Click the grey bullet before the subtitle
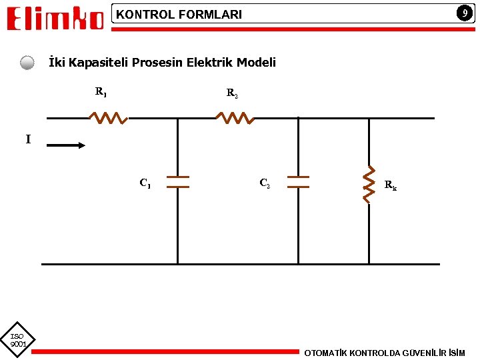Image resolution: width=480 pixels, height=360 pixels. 27,63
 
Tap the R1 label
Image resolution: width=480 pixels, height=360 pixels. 101,91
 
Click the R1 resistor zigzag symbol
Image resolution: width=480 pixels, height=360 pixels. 108,118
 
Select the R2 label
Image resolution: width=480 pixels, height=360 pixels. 232,93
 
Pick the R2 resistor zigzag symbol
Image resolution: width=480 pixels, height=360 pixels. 234,118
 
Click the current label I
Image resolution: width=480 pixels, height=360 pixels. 28,139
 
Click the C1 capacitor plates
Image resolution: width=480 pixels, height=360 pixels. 177,182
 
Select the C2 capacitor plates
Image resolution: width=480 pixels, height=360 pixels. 298,182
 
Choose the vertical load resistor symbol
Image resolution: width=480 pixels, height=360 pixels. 369,184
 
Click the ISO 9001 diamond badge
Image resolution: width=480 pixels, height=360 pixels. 17,340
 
